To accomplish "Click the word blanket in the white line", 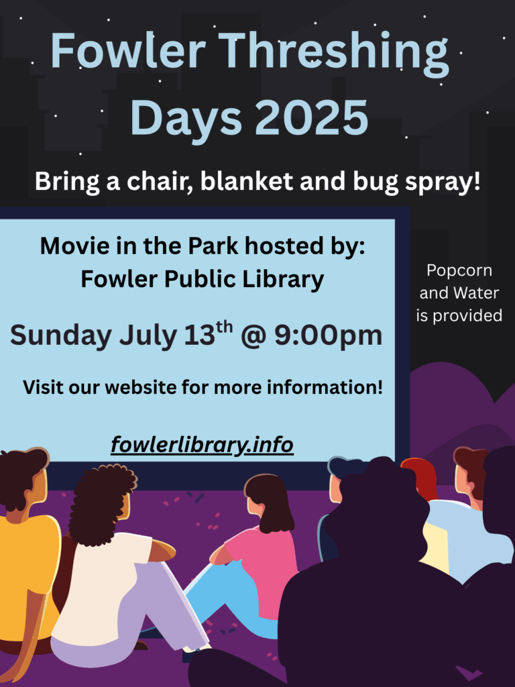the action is tap(246, 181).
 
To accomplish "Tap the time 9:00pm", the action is tap(329, 335).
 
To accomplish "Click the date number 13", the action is tap(199, 335).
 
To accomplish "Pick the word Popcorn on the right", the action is tap(459, 271).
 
